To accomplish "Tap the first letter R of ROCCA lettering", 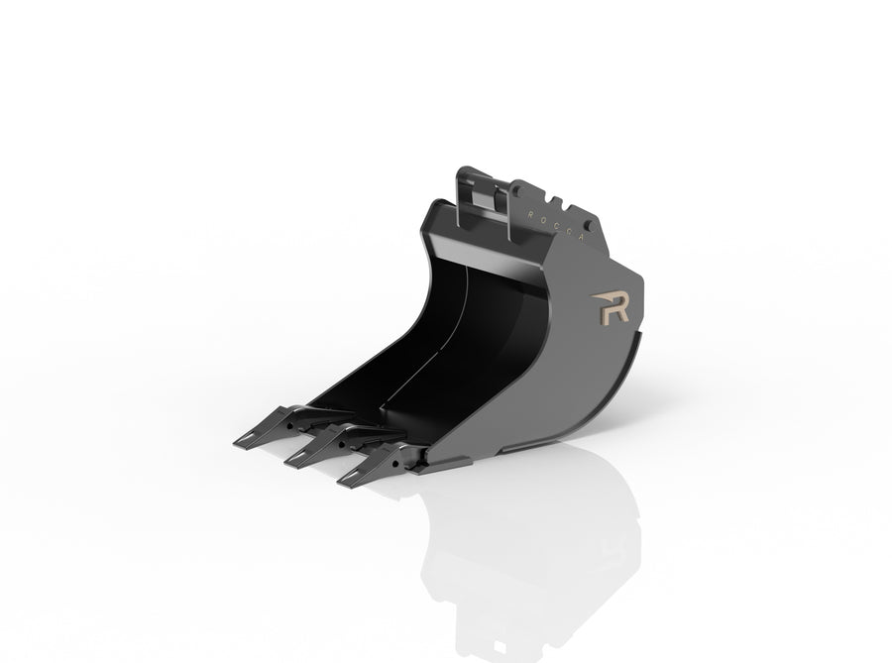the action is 530,214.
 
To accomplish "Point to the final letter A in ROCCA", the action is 581,238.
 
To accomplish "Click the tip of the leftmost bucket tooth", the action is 234,445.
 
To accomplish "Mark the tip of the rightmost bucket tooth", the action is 339,483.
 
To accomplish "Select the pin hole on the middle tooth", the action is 342,444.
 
